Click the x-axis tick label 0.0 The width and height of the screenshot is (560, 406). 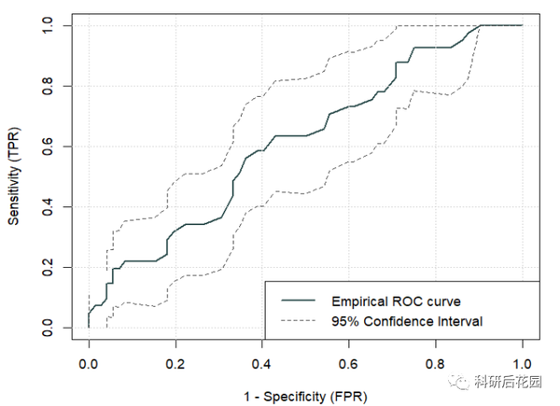(x=89, y=361)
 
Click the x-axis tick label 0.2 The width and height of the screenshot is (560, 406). (x=175, y=361)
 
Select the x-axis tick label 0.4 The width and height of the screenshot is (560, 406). (x=262, y=361)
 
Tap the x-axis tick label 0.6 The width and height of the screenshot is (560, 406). (x=349, y=361)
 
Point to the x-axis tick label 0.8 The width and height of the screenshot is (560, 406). (x=436, y=361)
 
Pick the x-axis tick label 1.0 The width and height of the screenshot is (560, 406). (x=523, y=361)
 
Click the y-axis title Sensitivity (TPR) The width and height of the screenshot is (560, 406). (x=15, y=177)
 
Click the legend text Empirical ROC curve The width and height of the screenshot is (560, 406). (x=396, y=301)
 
